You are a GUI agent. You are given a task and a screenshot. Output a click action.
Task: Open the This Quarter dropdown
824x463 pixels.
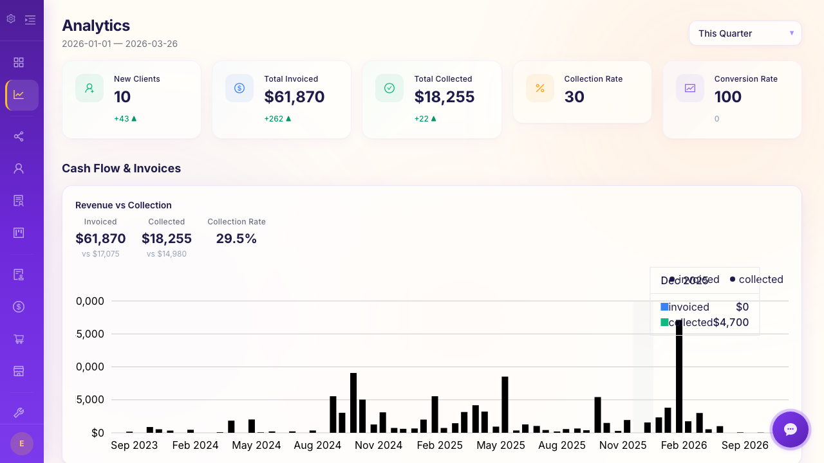pyautogui.click(x=745, y=33)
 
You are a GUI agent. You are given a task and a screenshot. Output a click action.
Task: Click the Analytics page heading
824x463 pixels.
pyautogui.click(x=96, y=26)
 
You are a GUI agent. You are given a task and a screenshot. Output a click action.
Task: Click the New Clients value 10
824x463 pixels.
pyautogui.click(x=122, y=97)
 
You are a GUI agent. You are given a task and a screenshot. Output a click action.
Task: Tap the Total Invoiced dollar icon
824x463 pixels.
pyautogui.click(x=239, y=88)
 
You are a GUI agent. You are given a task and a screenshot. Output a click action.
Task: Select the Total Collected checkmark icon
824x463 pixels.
pyautogui.click(x=389, y=88)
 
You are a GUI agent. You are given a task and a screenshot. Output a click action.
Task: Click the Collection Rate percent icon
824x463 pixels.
pyautogui.click(x=540, y=88)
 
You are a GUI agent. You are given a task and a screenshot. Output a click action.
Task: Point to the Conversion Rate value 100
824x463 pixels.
pyautogui.click(x=728, y=97)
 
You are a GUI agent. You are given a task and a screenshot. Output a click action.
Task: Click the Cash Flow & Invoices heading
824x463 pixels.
pyautogui.click(x=121, y=168)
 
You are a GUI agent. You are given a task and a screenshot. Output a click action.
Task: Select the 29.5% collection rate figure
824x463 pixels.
pyautogui.click(x=236, y=239)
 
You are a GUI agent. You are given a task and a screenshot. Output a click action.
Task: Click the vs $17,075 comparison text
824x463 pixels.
pyautogui.click(x=100, y=254)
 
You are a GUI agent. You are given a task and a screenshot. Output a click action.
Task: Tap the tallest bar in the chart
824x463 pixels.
pyautogui.click(x=679, y=376)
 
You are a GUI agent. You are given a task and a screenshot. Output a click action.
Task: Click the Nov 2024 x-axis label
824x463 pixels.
pyautogui.click(x=379, y=445)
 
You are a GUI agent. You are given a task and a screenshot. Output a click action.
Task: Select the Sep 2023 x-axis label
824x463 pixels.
pyautogui.click(x=134, y=445)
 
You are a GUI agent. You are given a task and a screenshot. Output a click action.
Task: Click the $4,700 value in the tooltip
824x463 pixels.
pyautogui.click(x=731, y=323)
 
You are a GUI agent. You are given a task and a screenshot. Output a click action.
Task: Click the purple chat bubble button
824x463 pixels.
pyautogui.click(x=791, y=430)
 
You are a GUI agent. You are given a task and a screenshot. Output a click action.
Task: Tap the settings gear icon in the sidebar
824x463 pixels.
pyautogui.click(x=11, y=19)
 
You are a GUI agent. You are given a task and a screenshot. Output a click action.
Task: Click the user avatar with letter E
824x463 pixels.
pyautogui.click(x=22, y=444)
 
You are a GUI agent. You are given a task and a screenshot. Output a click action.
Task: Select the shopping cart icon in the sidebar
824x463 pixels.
pyautogui.click(x=19, y=339)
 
